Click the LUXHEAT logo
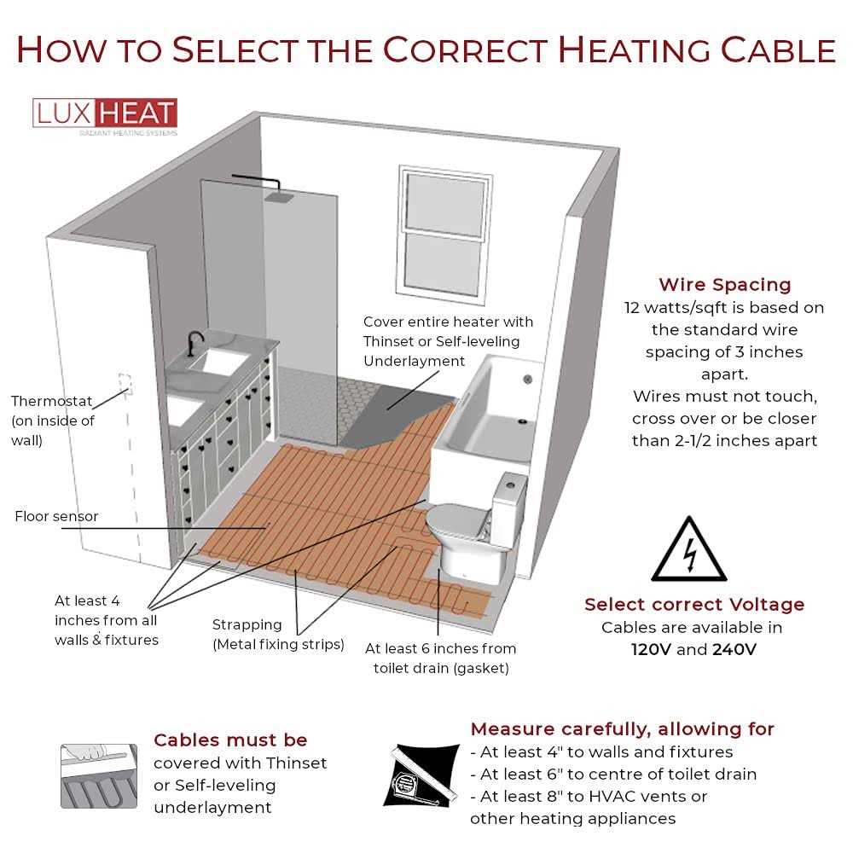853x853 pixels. pyautogui.click(x=105, y=115)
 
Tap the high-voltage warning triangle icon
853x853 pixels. pyautogui.click(x=688, y=551)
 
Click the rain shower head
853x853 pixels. pyautogui.click(x=279, y=198)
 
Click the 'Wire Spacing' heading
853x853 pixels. pyautogui.click(x=724, y=285)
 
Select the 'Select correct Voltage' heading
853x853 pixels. pyautogui.click(x=693, y=605)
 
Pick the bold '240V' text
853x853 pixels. pyautogui.click(x=734, y=649)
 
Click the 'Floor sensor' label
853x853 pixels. pyautogui.click(x=56, y=516)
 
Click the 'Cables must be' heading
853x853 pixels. pyautogui.click(x=230, y=740)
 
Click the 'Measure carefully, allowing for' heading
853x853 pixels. pyautogui.click(x=622, y=729)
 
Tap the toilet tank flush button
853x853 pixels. pyautogui.click(x=510, y=482)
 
